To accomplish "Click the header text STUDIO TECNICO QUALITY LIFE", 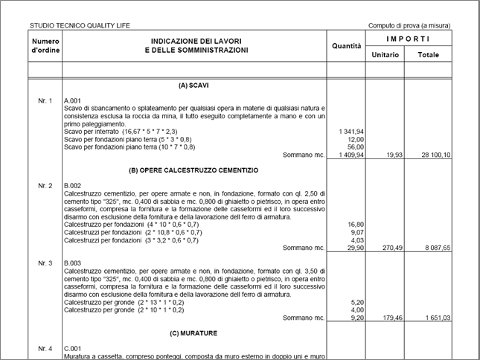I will [x=80, y=25].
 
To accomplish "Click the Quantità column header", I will [x=346, y=46].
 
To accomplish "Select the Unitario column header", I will [x=385, y=54].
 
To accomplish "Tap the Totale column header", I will [x=428, y=54].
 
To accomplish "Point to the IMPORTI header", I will [x=408, y=38].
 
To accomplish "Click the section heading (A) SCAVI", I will [x=193, y=85].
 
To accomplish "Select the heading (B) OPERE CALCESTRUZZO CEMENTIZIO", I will [x=193, y=170].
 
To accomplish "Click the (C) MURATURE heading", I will [x=193, y=333].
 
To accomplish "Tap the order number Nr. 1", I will [x=45, y=100].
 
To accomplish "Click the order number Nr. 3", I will [x=45, y=263].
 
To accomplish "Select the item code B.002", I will [x=73, y=185].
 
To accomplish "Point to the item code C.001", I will [x=73, y=348].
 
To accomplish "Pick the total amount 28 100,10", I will [x=433, y=155].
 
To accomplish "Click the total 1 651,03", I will [x=435, y=318].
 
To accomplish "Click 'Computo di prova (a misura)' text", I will [x=409, y=25].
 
